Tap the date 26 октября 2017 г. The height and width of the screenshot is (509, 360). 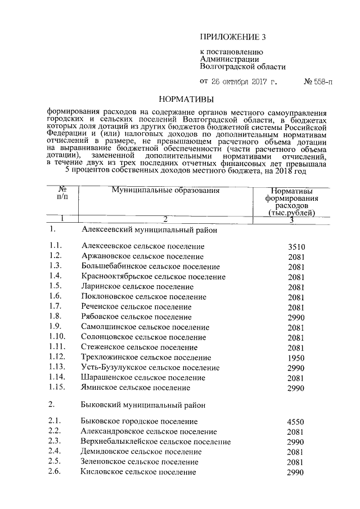coord(244,82)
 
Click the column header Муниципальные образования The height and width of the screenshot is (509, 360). coord(165,191)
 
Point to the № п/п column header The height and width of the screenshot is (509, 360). coord(62,194)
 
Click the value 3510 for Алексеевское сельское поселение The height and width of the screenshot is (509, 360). coord(296,247)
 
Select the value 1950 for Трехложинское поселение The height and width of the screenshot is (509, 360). coord(296,358)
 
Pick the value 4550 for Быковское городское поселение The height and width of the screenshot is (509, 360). coord(296,421)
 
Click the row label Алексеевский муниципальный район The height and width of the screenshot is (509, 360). coord(149,230)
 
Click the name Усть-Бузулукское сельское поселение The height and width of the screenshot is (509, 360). coord(150,368)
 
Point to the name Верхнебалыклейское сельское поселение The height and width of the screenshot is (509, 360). coord(156,442)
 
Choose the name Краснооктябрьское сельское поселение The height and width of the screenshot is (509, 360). coord(151,277)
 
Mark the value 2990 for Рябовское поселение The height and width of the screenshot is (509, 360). coord(296,317)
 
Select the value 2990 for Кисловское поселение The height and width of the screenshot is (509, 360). coord(296,472)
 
